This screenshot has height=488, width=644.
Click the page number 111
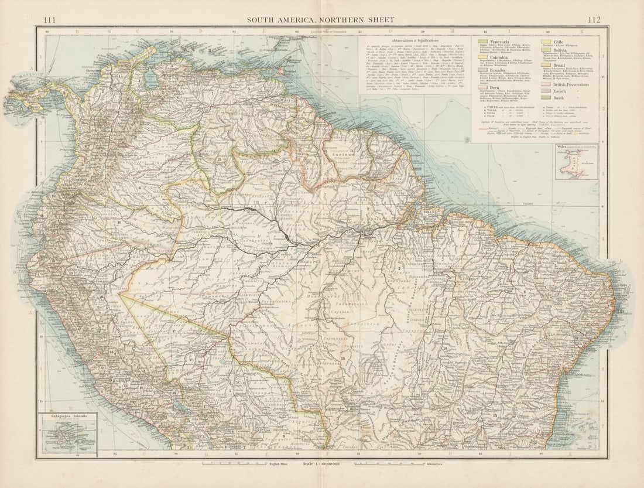[50, 20]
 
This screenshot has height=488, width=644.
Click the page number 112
[594, 20]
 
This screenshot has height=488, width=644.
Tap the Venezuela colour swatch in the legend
[483, 42]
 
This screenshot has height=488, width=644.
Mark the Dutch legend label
[559, 98]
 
